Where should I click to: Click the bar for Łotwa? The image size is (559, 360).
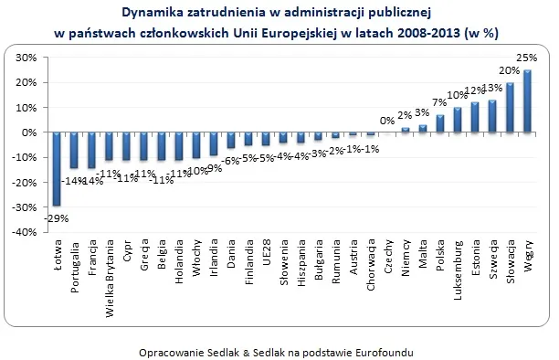pos(56,169)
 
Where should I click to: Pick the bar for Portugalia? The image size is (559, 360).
pos(73,150)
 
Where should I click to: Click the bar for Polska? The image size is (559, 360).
pos(439,124)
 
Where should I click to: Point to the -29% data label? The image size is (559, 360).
pos(57,217)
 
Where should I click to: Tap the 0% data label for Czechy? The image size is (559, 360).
pos(387,121)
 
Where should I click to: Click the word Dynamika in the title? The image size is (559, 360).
pos(152,13)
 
